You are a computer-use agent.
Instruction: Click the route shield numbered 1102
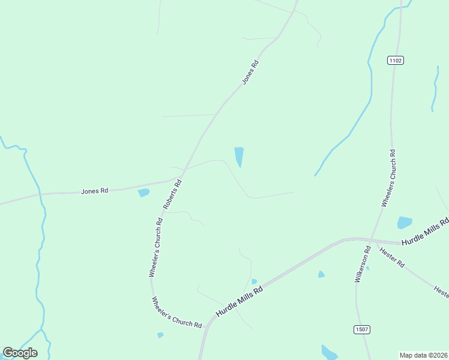395,60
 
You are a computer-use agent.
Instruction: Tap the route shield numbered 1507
361,329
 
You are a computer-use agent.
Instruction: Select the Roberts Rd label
172,194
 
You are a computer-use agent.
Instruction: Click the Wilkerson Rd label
363,264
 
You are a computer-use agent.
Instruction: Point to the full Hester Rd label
393,257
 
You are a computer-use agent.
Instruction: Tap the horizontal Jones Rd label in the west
94,191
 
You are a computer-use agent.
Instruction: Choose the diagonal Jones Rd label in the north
250,71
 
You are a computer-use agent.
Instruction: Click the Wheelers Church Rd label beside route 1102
388,178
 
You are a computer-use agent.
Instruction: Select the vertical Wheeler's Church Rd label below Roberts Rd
155,247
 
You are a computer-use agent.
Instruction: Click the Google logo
20,353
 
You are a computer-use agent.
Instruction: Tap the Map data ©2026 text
423,355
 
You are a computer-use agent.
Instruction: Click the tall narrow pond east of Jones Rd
239,157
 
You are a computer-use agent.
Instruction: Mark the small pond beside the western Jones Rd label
143,193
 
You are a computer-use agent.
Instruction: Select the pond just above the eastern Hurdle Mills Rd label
405,223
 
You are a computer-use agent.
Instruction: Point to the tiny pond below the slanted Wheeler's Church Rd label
160,335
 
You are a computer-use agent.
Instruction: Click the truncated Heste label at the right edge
441,292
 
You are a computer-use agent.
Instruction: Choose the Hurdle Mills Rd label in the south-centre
240,302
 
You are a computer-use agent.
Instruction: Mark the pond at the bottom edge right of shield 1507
330,352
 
